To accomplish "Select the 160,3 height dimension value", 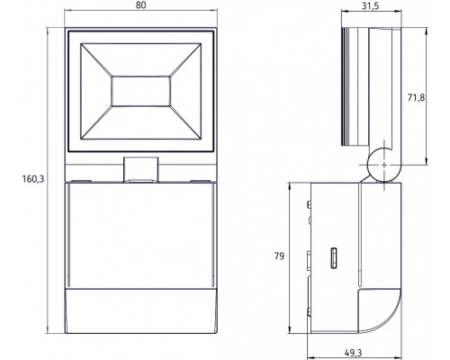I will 19,178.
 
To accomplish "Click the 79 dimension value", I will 279,257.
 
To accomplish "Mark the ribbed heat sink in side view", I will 350,90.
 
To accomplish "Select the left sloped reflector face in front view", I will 94,93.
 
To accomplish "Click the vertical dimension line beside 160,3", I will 44,180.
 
